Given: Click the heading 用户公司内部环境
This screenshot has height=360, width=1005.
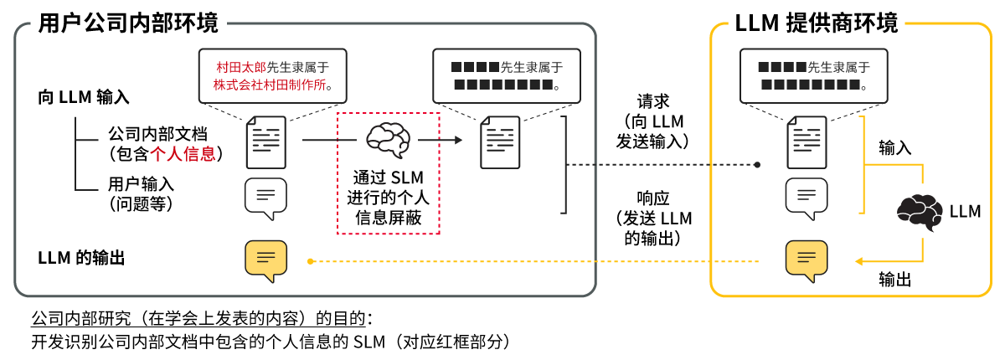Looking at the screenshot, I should (128, 23).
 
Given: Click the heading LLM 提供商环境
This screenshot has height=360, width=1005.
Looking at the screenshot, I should (816, 23).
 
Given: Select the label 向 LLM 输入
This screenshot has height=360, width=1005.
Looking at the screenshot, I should (84, 96).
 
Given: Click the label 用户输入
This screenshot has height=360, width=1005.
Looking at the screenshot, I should (141, 183).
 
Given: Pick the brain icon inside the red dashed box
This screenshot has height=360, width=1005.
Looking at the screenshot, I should (387, 139).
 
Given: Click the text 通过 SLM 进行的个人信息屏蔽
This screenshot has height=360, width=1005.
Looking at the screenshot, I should (387, 198).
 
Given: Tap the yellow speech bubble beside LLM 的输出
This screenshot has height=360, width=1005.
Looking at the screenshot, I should (265, 261).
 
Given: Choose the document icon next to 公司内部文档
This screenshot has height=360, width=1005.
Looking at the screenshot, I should (265, 142).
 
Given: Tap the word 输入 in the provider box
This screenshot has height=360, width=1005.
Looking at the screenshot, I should (894, 148).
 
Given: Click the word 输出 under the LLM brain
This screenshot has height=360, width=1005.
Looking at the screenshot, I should (894, 280).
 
